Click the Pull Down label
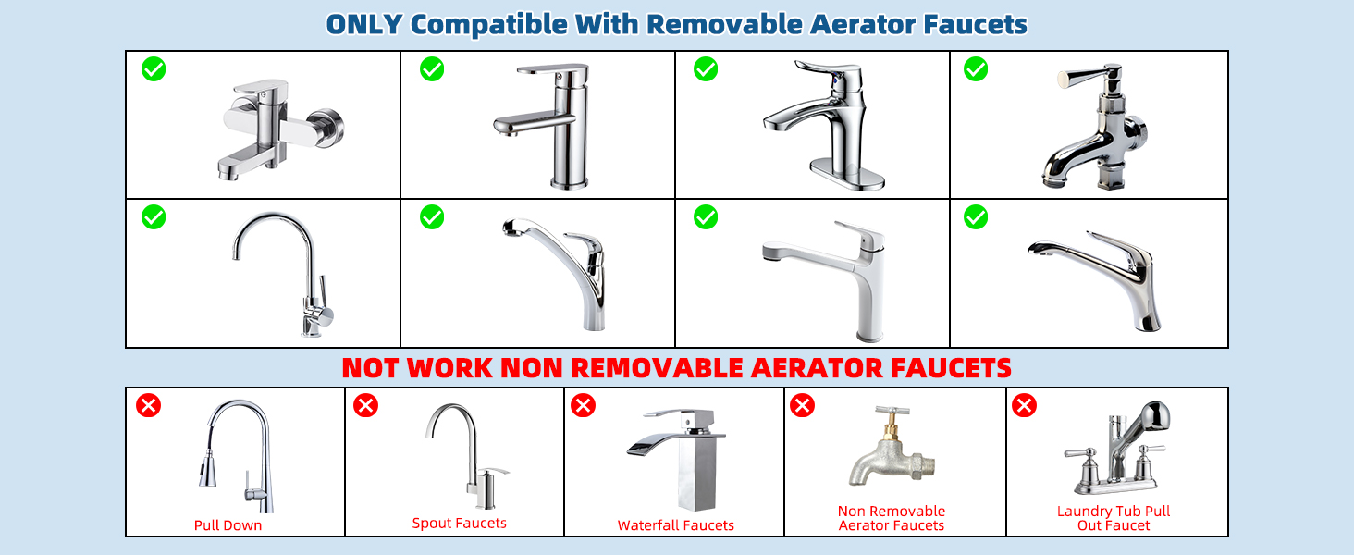pyautogui.click(x=228, y=525)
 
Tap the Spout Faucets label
pyautogui.click(x=460, y=523)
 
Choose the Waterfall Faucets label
pyautogui.click(x=676, y=525)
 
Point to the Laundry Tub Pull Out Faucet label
pyautogui.click(x=1114, y=518)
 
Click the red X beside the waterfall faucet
pyautogui.click(x=584, y=405)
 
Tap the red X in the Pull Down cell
pyautogui.click(x=148, y=405)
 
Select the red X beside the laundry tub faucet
pyautogui.click(x=1024, y=405)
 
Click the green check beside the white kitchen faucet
pyautogui.click(x=706, y=217)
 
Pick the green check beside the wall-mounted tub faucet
pyautogui.click(x=154, y=69)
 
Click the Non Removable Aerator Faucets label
pyautogui.click(x=892, y=518)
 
